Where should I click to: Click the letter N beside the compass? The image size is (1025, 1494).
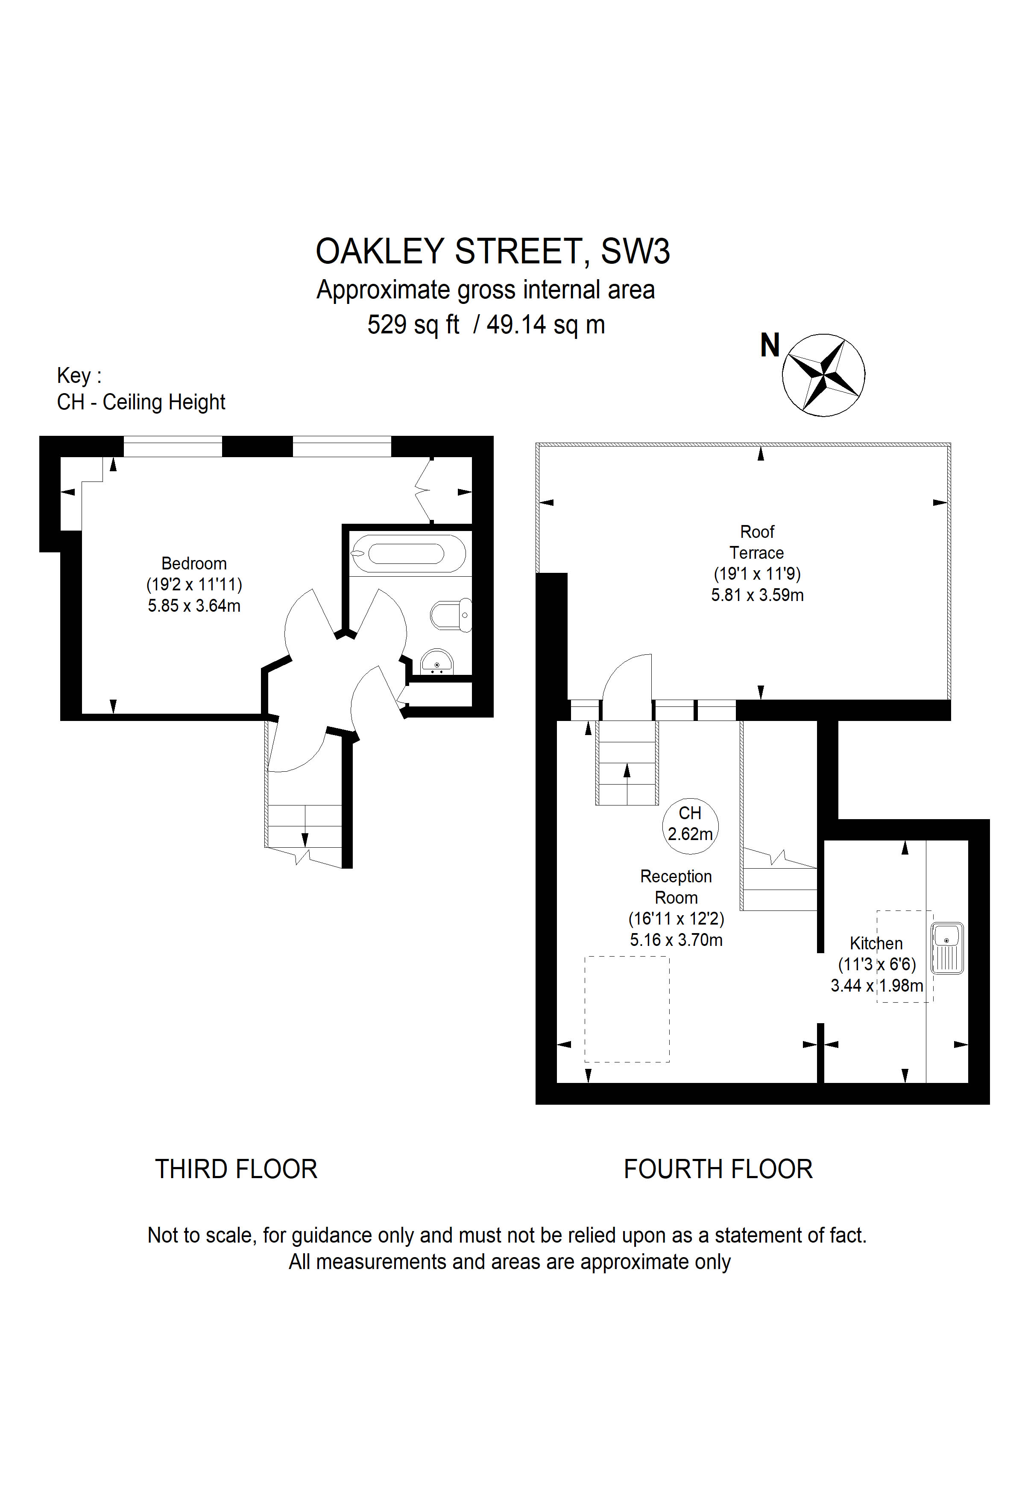click(x=770, y=345)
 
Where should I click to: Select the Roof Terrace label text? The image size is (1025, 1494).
click(x=757, y=542)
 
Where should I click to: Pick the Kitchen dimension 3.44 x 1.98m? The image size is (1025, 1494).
click(x=876, y=986)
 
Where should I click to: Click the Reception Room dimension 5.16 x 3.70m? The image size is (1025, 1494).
click(x=676, y=940)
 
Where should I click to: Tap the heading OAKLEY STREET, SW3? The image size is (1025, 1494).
click(x=492, y=251)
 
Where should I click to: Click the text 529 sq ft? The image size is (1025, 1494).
click(x=413, y=325)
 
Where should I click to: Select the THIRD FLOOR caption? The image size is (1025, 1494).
click(x=236, y=1169)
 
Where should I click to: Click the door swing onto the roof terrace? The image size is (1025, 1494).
click(x=627, y=685)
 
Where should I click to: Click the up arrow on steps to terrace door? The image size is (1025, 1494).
click(x=627, y=771)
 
